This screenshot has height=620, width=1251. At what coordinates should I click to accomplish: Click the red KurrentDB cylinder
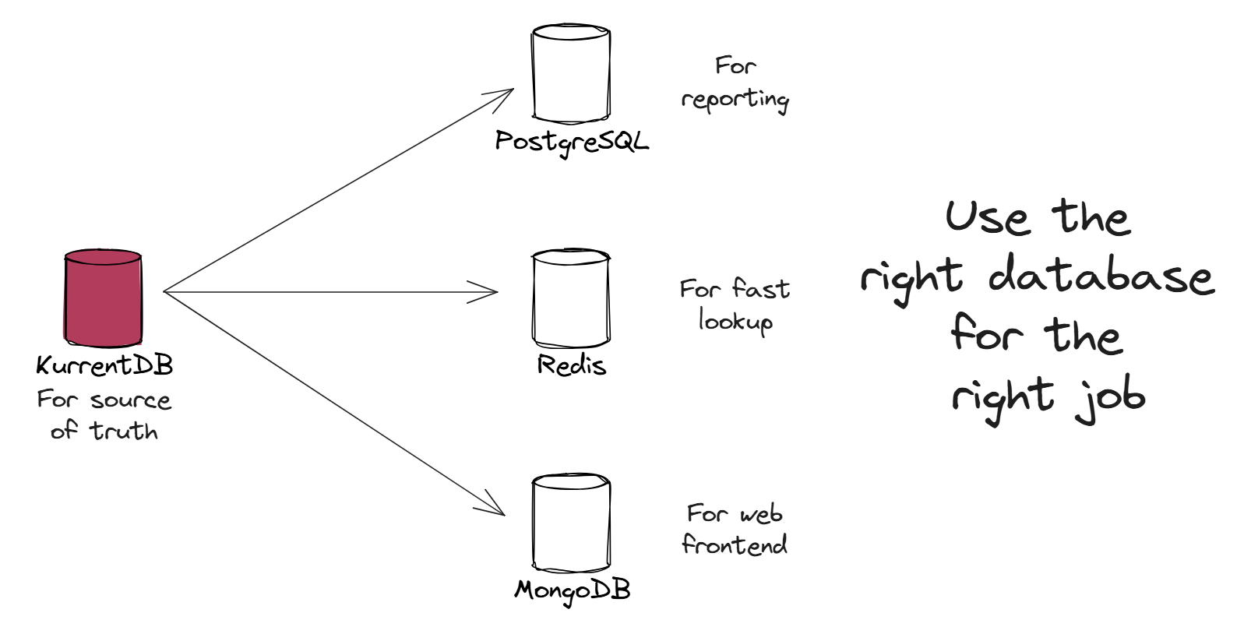pyautogui.click(x=103, y=298)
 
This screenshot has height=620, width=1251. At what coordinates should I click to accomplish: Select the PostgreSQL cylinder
pyautogui.click(x=571, y=74)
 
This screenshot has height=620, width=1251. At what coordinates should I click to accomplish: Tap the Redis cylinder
pyautogui.click(x=571, y=298)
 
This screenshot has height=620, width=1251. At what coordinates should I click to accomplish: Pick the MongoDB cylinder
pyautogui.click(x=571, y=523)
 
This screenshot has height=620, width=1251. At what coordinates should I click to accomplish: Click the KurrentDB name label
pyautogui.click(x=104, y=365)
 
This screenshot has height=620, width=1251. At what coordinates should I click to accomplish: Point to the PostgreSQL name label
pyautogui.click(x=572, y=141)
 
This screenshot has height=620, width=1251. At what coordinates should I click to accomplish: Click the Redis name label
pyautogui.click(x=571, y=365)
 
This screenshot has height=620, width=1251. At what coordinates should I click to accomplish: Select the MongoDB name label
pyautogui.click(x=572, y=590)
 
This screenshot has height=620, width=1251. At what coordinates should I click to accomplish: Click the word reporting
pyautogui.click(x=735, y=100)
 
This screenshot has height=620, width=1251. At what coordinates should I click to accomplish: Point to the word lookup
pyautogui.click(x=735, y=321)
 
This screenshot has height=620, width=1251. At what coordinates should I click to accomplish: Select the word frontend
pyautogui.click(x=735, y=544)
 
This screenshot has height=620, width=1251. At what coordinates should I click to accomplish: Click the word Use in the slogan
pyautogui.click(x=986, y=217)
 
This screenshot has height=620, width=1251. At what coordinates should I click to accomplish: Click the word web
pyautogui.click(x=761, y=514)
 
